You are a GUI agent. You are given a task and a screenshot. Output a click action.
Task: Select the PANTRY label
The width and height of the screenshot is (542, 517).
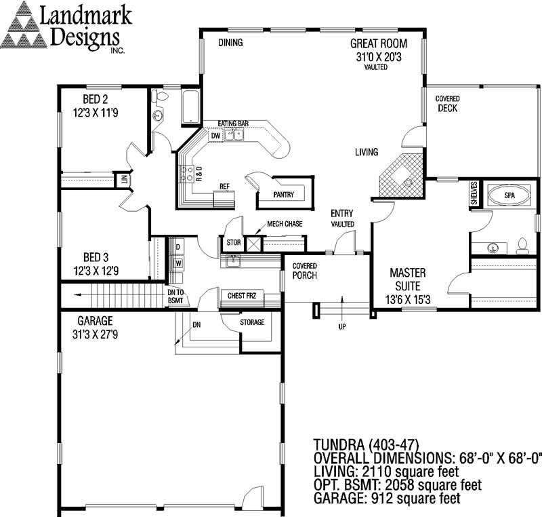point(285,193)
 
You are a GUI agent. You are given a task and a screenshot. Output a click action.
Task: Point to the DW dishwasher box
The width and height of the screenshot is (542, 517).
point(215,136)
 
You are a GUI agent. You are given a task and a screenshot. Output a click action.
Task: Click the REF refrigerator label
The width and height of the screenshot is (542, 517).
point(224,186)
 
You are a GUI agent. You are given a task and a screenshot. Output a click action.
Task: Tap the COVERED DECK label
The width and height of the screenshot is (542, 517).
point(448,103)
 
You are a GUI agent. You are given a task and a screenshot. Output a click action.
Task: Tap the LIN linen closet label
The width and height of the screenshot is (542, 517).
point(124,180)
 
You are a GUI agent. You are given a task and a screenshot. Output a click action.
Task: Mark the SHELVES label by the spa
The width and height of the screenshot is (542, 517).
point(474,193)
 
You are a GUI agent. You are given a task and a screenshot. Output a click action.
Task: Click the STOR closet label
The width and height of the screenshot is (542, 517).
point(233,242)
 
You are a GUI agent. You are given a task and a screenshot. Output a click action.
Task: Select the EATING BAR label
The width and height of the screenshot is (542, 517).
point(233,123)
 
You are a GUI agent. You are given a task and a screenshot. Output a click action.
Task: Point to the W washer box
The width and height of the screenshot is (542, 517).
point(178,262)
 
